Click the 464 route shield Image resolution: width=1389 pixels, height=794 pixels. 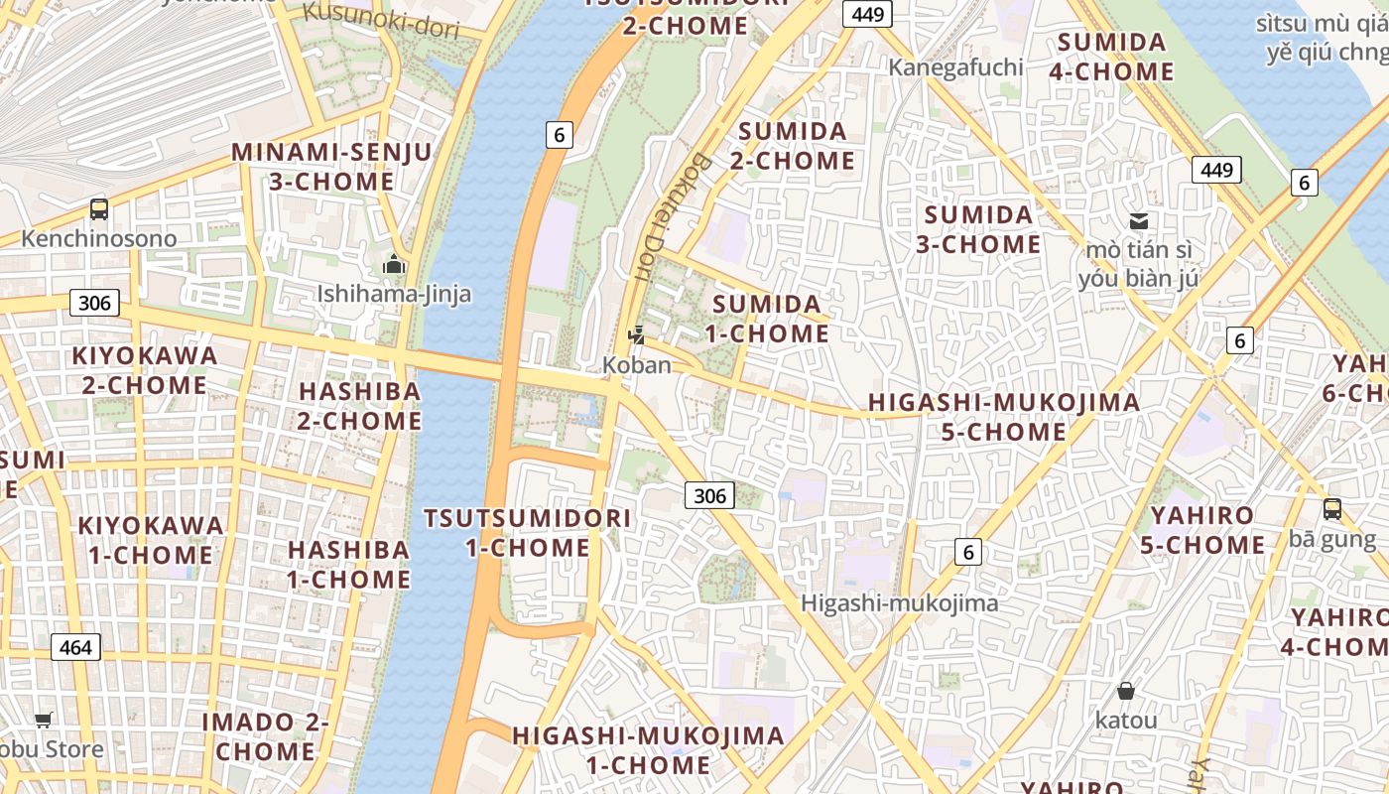click(x=75, y=648)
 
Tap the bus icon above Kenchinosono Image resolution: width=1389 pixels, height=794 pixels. click(x=99, y=208)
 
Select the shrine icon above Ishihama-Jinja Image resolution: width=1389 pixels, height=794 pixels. click(x=394, y=264)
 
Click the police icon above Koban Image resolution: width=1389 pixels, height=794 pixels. click(x=637, y=335)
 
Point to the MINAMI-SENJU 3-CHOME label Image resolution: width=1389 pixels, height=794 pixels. click(x=331, y=167)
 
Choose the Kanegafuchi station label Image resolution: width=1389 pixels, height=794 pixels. click(x=955, y=66)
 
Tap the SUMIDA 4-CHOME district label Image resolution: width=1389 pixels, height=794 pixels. click(x=1111, y=57)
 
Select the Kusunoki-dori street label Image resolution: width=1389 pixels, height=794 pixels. click(x=382, y=20)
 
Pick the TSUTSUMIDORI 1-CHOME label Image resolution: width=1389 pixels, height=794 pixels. click(x=527, y=533)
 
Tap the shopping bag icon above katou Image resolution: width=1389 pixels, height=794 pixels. click(x=1125, y=691)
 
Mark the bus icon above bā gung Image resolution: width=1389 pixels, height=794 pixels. click(x=1331, y=509)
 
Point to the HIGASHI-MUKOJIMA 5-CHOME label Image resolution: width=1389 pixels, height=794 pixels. click(x=1004, y=417)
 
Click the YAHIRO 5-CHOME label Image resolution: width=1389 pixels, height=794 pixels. click(x=1202, y=530)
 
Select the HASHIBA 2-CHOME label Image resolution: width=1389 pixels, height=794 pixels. click(x=360, y=406)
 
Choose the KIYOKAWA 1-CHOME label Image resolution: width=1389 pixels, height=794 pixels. click(x=151, y=540)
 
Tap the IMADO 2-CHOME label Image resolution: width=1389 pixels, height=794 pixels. click(x=265, y=736)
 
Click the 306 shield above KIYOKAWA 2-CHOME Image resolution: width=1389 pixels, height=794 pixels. click(x=94, y=303)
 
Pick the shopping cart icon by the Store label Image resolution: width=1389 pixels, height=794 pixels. click(x=43, y=720)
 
